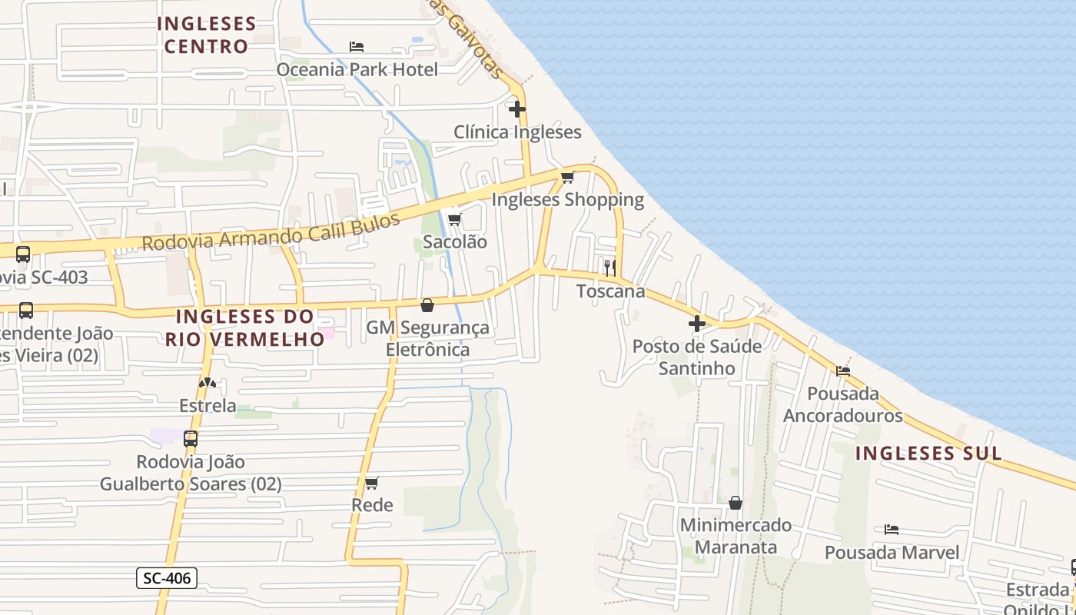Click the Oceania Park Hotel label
click(357, 69)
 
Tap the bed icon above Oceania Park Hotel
click(357, 46)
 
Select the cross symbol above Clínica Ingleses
click(517, 108)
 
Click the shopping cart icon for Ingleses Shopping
click(568, 178)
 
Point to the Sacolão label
click(455, 241)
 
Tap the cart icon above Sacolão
click(454, 220)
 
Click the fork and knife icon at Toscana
click(610, 268)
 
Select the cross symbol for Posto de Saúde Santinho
click(697, 324)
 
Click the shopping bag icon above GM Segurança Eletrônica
click(427, 306)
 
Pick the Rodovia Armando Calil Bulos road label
click(271, 231)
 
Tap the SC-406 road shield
click(167, 578)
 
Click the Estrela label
click(208, 405)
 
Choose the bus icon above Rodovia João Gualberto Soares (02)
click(190, 439)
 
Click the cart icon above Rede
click(372, 483)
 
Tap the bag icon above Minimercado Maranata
click(736, 503)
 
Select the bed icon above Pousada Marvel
click(892, 530)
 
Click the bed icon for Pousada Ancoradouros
click(843, 371)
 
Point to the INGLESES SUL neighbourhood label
click(928, 453)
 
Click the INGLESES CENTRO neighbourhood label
click(206, 35)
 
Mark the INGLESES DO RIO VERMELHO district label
click(244, 327)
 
